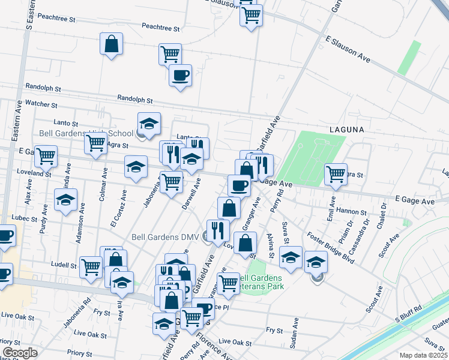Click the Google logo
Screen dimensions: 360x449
click(x=20, y=353)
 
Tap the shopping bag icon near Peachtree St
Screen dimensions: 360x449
click(x=112, y=44)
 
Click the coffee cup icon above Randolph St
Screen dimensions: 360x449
click(x=180, y=76)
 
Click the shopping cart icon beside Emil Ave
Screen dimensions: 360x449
click(x=336, y=174)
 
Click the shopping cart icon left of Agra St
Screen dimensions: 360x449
click(x=95, y=144)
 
